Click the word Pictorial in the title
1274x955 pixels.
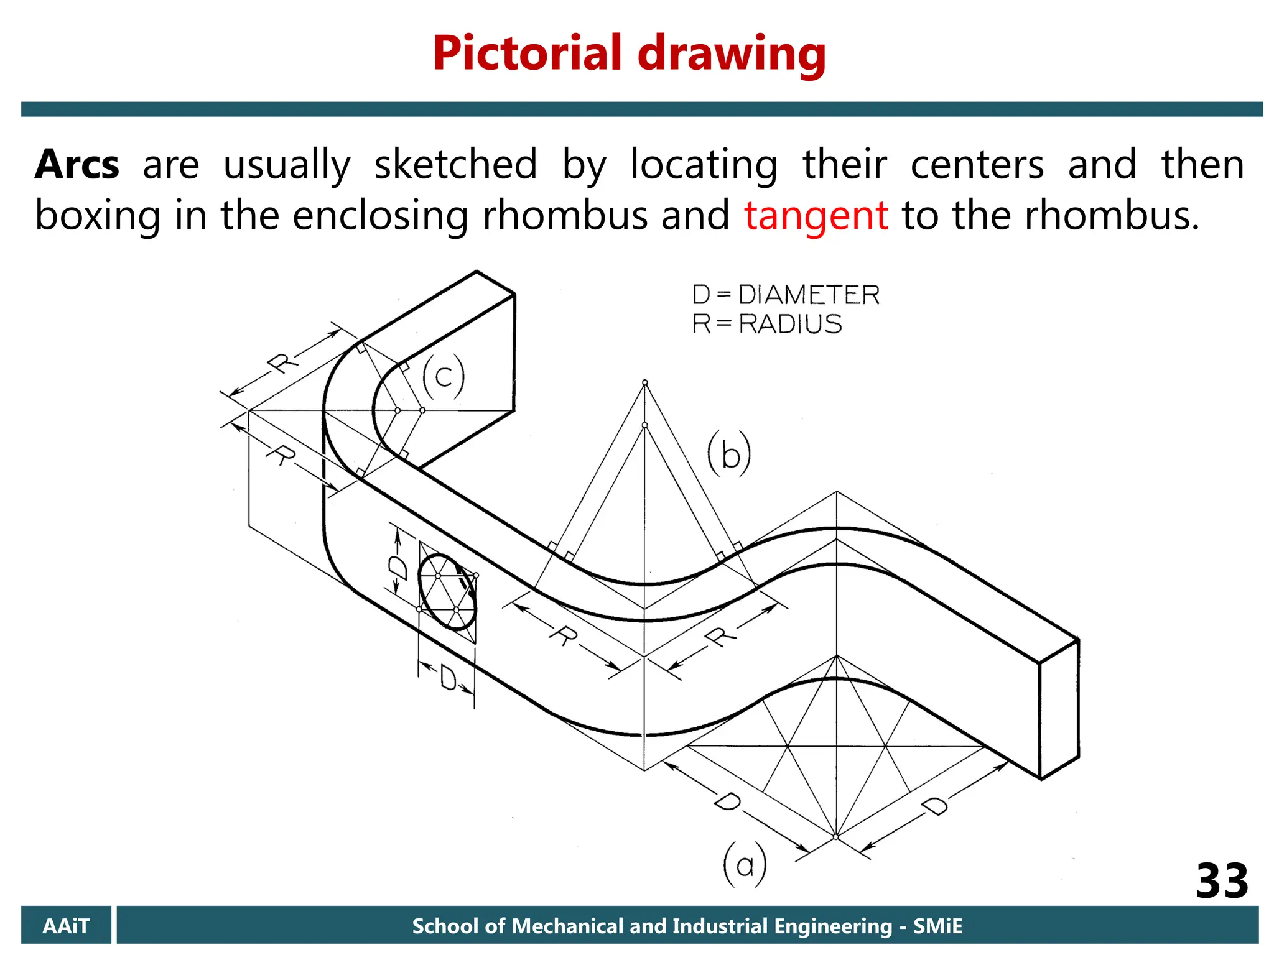(528, 53)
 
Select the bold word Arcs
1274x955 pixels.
(77, 165)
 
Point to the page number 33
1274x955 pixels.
(1221, 880)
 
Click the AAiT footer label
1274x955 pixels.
(66, 926)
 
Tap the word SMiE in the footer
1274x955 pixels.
(937, 926)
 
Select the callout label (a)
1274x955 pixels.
(745, 865)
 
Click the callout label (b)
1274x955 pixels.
(729, 454)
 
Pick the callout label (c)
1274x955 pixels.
(443, 377)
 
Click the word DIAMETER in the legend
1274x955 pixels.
(809, 295)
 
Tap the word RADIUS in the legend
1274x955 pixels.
(790, 324)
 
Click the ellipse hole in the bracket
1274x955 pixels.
(447, 593)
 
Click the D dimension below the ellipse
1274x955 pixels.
(447, 677)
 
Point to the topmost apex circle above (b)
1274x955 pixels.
(645, 382)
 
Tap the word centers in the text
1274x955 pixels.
(977, 165)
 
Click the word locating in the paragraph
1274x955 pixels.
(704, 165)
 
